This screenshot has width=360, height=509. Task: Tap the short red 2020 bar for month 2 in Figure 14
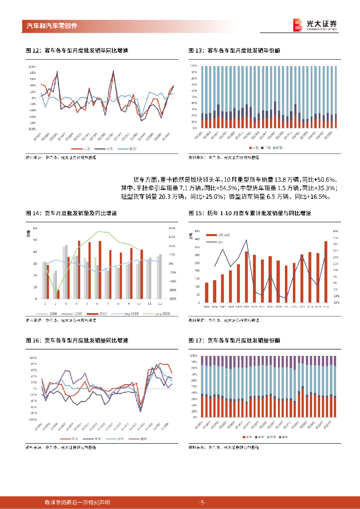point(58,294)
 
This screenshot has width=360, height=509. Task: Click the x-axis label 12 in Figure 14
point(159,303)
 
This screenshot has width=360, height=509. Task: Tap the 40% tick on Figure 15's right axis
point(336,232)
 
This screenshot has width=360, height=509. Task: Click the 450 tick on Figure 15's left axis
point(197,232)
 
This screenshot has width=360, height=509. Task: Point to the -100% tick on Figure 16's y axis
point(33,419)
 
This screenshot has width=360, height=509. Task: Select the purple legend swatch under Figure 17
point(283,437)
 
